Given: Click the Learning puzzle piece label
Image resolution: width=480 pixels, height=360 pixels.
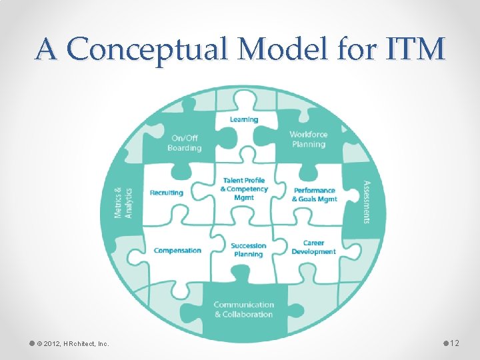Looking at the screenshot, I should (244, 119).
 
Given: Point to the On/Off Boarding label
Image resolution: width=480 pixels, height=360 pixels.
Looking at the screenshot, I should (185, 143).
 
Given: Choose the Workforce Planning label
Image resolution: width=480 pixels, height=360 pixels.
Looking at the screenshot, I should (308, 139).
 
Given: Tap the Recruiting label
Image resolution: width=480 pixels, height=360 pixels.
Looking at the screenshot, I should (167, 193).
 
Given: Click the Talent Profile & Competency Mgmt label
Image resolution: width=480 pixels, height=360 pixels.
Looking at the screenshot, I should (244, 189).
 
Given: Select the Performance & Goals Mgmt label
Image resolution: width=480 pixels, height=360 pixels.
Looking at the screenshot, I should (315, 195).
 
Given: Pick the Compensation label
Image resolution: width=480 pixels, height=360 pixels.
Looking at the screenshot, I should (177, 251).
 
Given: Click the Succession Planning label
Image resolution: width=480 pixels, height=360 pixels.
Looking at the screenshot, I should (248, 250).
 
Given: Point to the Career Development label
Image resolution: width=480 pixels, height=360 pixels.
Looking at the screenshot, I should (313, 247).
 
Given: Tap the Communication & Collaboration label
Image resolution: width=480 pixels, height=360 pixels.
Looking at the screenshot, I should (243, 309).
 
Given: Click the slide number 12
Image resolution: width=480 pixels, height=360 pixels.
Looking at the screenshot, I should (455, 343).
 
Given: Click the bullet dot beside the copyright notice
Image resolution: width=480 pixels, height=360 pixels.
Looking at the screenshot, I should (31, 343).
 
